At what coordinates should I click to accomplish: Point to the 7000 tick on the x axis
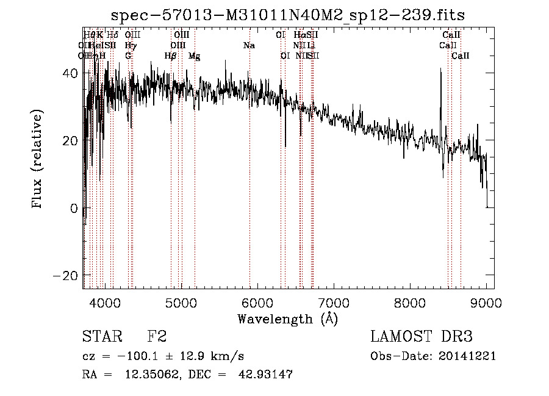coord(333,303)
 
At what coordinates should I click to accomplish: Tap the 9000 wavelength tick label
coord(486,303)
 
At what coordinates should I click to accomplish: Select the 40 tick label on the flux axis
coord(70,73)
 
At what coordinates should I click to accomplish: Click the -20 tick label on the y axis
coord(66,276)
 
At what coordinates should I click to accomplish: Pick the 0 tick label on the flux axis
coord(74,208)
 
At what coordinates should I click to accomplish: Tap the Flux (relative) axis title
coord(38,160)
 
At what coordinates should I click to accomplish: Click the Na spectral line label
coord(249,45)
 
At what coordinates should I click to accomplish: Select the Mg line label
coord(194,56)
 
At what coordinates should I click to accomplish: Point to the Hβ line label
coord(171,56)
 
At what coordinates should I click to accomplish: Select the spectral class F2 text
coord(157,337)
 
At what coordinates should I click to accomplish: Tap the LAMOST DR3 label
coord(422,337)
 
